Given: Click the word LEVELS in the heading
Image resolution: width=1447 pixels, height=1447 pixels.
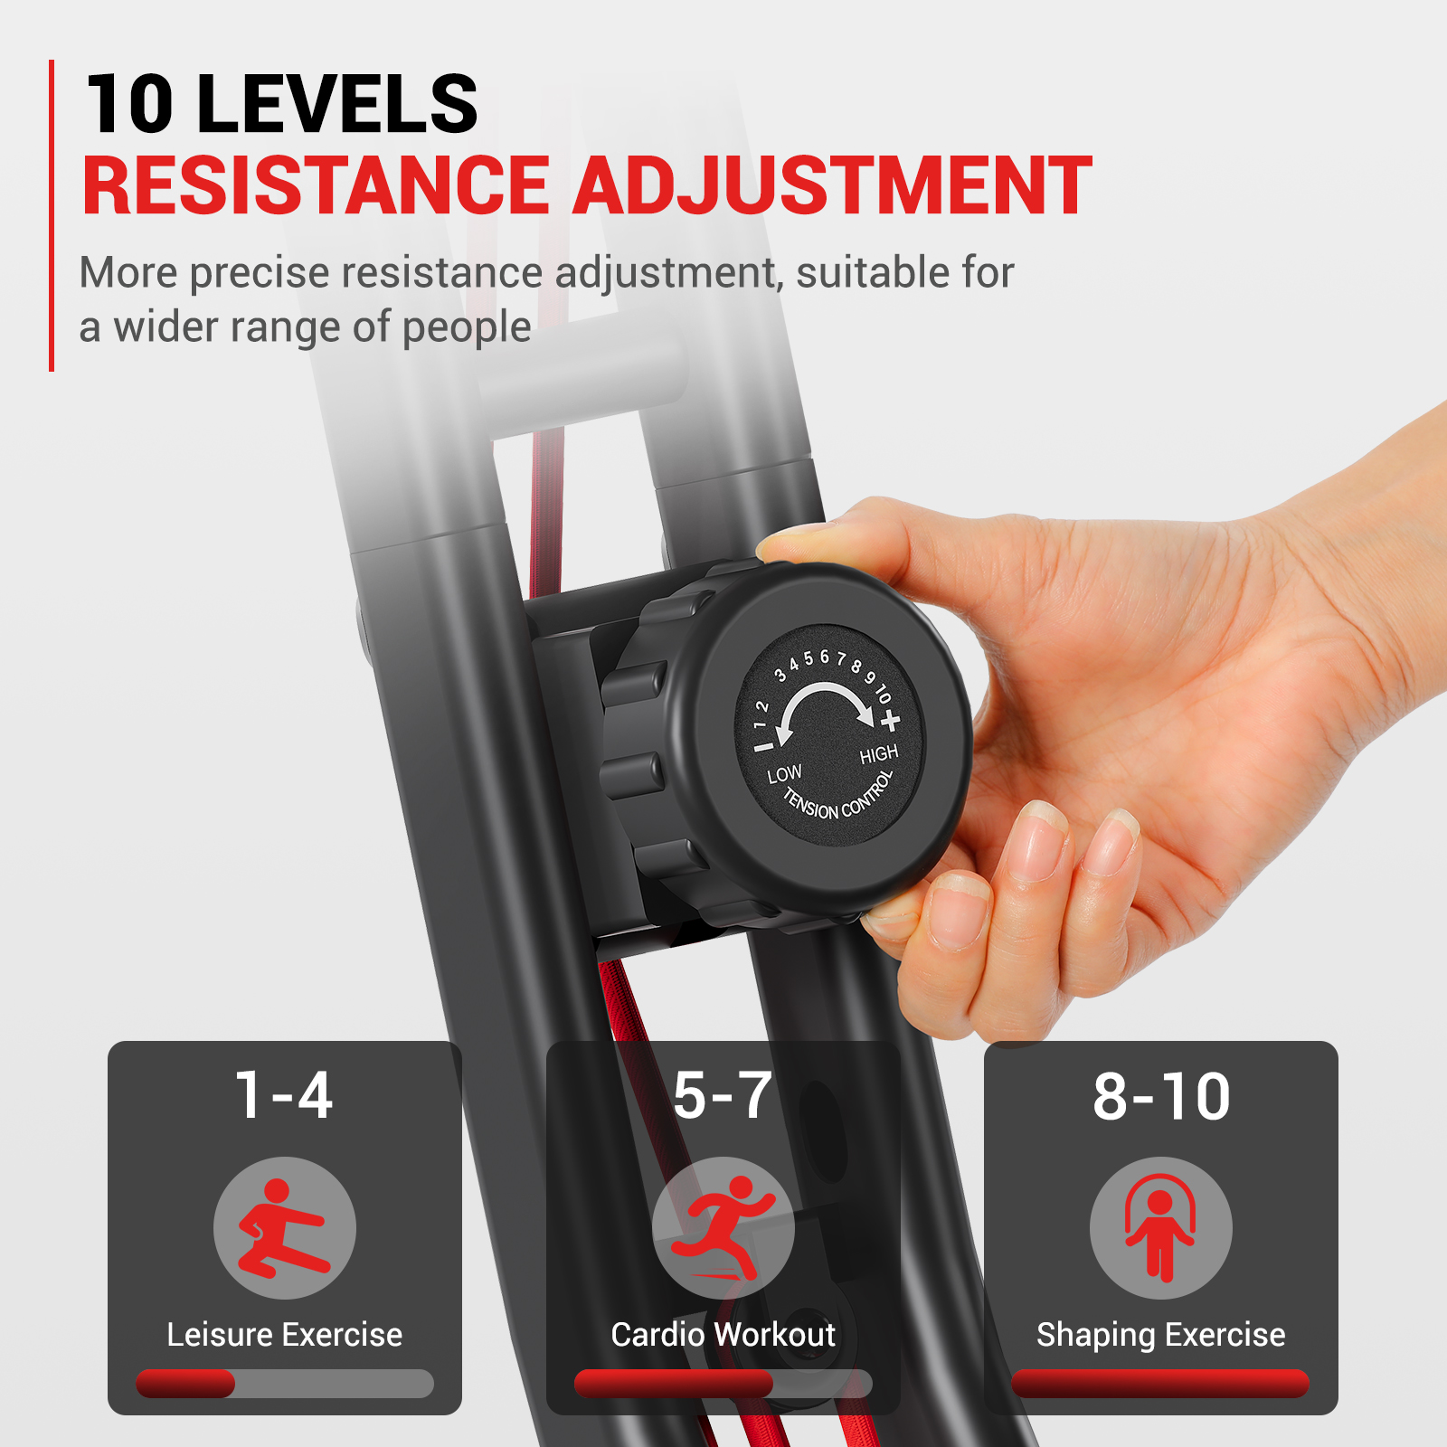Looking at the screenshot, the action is click(x=336, y=104).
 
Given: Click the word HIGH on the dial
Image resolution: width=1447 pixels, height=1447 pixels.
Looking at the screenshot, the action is click(x=878, y=754).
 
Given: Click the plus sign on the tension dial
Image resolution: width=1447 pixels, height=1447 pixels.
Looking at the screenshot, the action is click(x=891, y=721).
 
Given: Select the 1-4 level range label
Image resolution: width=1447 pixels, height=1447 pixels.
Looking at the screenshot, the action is click(x=284, y=1095).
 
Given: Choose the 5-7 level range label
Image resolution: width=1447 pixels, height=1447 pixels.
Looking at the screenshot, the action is click(x=723, y=1095).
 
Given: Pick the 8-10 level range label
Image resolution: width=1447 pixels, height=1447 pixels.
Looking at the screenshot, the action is click(x=1161, y=1096).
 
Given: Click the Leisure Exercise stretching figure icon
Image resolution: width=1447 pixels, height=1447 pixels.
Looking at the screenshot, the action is click(x=284, y=1228).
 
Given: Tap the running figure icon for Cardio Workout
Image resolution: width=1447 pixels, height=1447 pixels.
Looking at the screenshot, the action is click(x=723, y=1228).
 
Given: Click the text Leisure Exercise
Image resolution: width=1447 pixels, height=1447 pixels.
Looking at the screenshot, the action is click(x=284, y=1335).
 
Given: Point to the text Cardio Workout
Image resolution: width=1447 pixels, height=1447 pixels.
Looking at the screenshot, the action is click(x=723, y=1335).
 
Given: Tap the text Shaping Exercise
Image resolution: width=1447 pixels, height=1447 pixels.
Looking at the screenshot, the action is click(x=1161, y=1336).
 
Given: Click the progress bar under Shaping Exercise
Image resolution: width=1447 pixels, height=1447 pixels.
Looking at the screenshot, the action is click(x=1160, y=1384).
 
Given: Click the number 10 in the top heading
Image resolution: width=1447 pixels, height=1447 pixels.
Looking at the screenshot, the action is click(x=131, y=104).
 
